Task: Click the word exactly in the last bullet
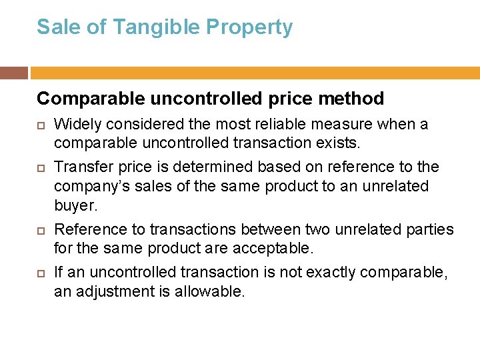pyautogui.click(x=315, y=272)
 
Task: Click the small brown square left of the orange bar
pyautogui.click(x=14, y=72)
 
